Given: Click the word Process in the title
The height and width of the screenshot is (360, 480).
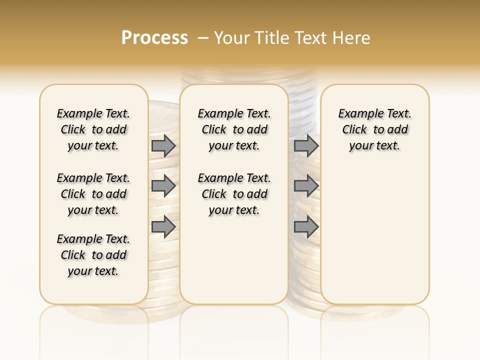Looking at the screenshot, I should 154,37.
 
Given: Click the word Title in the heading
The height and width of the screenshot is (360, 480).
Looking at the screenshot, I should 271,37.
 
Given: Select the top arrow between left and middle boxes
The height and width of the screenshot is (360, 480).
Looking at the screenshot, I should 163,145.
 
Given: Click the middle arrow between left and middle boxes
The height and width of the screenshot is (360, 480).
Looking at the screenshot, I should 163,186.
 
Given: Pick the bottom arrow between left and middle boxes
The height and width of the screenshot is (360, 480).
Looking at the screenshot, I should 163,226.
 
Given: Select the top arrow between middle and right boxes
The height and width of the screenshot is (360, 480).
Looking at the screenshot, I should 306,145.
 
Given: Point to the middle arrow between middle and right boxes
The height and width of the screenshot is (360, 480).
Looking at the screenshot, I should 306,186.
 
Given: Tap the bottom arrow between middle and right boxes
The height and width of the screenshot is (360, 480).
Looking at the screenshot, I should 306,226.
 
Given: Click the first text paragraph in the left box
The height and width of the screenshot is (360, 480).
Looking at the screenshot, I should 93,129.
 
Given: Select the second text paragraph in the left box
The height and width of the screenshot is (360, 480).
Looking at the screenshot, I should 93,194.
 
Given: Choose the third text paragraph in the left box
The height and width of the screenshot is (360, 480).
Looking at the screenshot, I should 93,255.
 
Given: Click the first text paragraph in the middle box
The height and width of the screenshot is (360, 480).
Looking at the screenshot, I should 234,129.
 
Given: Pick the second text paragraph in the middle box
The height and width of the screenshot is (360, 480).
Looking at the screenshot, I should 234,194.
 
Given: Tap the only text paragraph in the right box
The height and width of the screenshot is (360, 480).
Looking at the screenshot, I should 374,129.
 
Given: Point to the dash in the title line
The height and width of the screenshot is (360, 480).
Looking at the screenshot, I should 202,37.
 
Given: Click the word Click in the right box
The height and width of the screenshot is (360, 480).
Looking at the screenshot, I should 354,129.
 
